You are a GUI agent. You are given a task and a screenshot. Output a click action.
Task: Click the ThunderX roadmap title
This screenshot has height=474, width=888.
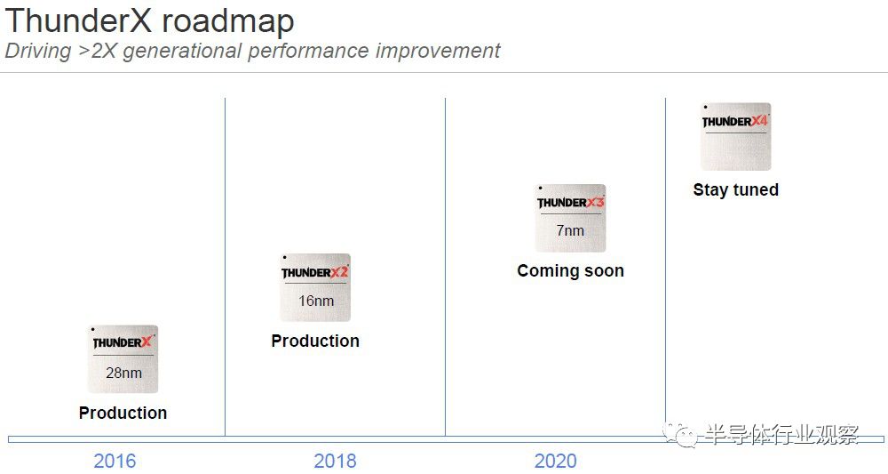click(x=149, y=20)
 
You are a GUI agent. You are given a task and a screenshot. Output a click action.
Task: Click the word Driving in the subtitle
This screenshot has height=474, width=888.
click(x=38, y=51)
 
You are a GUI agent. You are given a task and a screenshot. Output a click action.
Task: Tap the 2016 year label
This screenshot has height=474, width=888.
click(x=115, y=461)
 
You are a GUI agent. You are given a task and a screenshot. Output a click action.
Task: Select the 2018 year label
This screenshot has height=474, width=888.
click(x=336, y=461)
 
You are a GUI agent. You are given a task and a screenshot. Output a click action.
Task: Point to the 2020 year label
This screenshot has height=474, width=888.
click(x=556, y=461)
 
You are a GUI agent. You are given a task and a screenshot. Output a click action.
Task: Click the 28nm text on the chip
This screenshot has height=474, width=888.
click(x=123, y=374)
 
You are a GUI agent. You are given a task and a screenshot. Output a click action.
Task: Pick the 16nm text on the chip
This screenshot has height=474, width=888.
click(x=316, y=301)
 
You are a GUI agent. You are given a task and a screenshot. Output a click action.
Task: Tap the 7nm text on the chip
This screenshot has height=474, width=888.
click(x=570, y=230)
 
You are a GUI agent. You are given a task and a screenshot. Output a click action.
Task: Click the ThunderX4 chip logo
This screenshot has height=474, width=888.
click(x=735, y=121)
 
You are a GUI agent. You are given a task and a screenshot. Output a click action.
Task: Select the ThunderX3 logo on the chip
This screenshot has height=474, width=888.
click(x=571, y=203)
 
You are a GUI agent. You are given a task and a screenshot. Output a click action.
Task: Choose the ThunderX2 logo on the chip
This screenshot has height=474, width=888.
click(x=315, y=273)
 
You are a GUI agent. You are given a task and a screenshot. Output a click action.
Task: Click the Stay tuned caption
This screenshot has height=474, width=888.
click(x=735, y=189)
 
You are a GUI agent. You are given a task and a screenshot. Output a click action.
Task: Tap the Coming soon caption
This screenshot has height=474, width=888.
click(x=570, y=271)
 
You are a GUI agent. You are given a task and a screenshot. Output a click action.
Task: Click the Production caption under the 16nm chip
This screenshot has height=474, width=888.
click(x=315, y=341)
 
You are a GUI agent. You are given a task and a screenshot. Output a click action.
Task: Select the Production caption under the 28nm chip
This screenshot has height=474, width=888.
click(x=123, y=413)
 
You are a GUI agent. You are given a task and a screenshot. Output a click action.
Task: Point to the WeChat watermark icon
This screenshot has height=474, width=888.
click(x=679, y=436)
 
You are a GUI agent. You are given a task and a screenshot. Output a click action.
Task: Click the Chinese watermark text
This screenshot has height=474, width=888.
click(x=781, y=435)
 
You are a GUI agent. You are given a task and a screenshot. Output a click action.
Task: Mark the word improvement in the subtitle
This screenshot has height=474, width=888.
click(x=437, y=51)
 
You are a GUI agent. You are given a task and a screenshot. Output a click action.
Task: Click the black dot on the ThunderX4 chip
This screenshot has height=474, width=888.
click(x=705, y=107)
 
